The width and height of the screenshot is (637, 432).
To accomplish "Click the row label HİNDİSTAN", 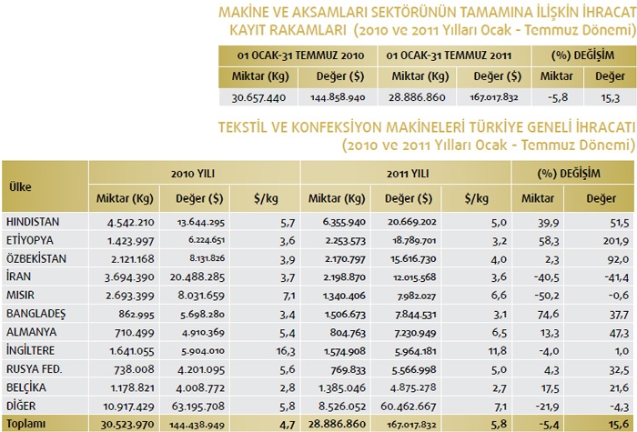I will (x=32, y=221).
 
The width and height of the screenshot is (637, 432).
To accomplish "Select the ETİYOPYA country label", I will (x=29, y=240).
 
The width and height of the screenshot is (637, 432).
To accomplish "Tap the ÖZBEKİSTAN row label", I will (x=35, y=259).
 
